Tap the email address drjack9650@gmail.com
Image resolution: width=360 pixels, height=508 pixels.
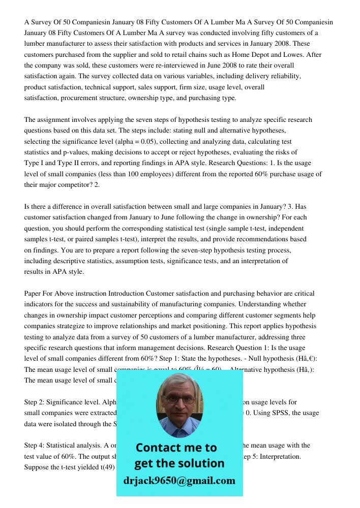(179, 481)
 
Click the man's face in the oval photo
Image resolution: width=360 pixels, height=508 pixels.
(178, 402)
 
